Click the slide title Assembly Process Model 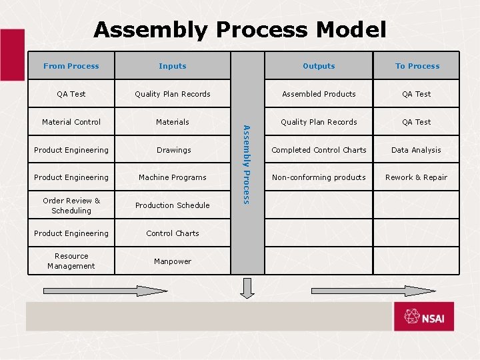point(240,29)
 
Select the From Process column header point(71,66)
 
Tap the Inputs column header point(173,66)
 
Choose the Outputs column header point(319,66)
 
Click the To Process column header point(417,66)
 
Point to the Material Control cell point(71,122)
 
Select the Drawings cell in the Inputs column point(173,150)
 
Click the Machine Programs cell point(173,177)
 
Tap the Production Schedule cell point(173,205)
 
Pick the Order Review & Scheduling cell point(71,205)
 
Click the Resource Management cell point(71,261)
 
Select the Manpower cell point(173,261)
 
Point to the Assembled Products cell point(319,94)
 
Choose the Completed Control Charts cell point(319,150)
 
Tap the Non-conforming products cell point(319,177)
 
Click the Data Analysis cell point(416,150)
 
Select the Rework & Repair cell point(417,177)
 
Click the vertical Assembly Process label point(247,164)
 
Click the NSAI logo point(423,316)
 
